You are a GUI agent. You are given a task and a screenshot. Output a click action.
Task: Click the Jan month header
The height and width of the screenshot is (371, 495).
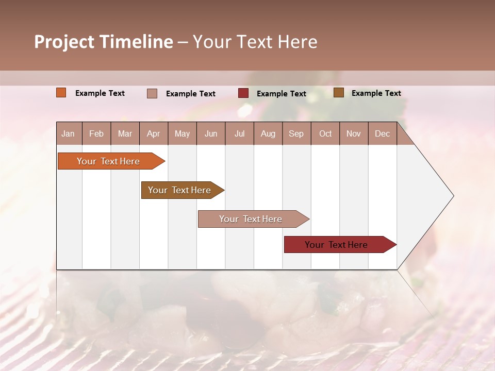pyautogui.click(x=68, y=134)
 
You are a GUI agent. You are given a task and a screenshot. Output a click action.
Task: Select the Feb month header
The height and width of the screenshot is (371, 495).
pyautogui.click(x=96, y=134)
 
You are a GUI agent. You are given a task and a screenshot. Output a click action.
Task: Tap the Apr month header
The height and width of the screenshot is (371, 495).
pyautogui.click(x=153, y=134)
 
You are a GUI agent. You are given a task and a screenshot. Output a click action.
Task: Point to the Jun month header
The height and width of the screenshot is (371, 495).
pyautogui.click(x=211, y=134)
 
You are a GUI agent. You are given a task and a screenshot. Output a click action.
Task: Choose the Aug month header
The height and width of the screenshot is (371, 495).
pyautogui.click(x=268, y=134)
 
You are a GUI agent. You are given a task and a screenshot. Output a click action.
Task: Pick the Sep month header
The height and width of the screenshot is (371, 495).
pyautogui.click(x=296, y=134)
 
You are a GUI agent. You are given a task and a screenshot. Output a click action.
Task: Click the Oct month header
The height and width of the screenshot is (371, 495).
pyautogui.click(x=325, y=134)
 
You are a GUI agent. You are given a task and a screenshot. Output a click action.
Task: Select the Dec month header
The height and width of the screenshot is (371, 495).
pyautogui.click(x=382, y=134)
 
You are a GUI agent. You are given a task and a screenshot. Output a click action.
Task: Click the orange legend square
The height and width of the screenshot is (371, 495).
pyautogui.click(x=61, y=93)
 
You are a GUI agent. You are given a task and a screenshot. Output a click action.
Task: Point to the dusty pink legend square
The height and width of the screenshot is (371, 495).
pyautogui.click(x=152, y=93)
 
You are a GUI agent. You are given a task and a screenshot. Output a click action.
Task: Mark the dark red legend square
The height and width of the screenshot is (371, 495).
pyautogui.click(x=243, y=93)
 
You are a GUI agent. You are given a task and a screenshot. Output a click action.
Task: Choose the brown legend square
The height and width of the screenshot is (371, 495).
pyautogui.click(x=339, y=93)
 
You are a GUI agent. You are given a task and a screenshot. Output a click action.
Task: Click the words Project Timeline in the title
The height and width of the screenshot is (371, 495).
pyautogui.click(x=104, y=42)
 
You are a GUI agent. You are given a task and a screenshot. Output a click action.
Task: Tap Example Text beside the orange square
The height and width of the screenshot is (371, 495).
pyautogui.click(x=100, y=93)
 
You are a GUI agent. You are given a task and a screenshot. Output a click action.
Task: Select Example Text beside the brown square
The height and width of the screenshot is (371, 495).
pyautogui.click(x=376, y=93)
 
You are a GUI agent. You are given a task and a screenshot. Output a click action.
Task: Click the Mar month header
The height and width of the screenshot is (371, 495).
pyautogui.click(x=125, y=134)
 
